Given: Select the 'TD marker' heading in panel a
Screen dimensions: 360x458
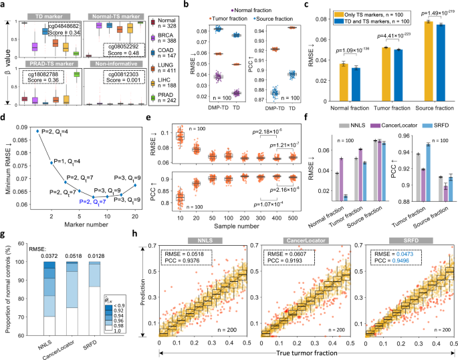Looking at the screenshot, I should coord(41,15).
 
